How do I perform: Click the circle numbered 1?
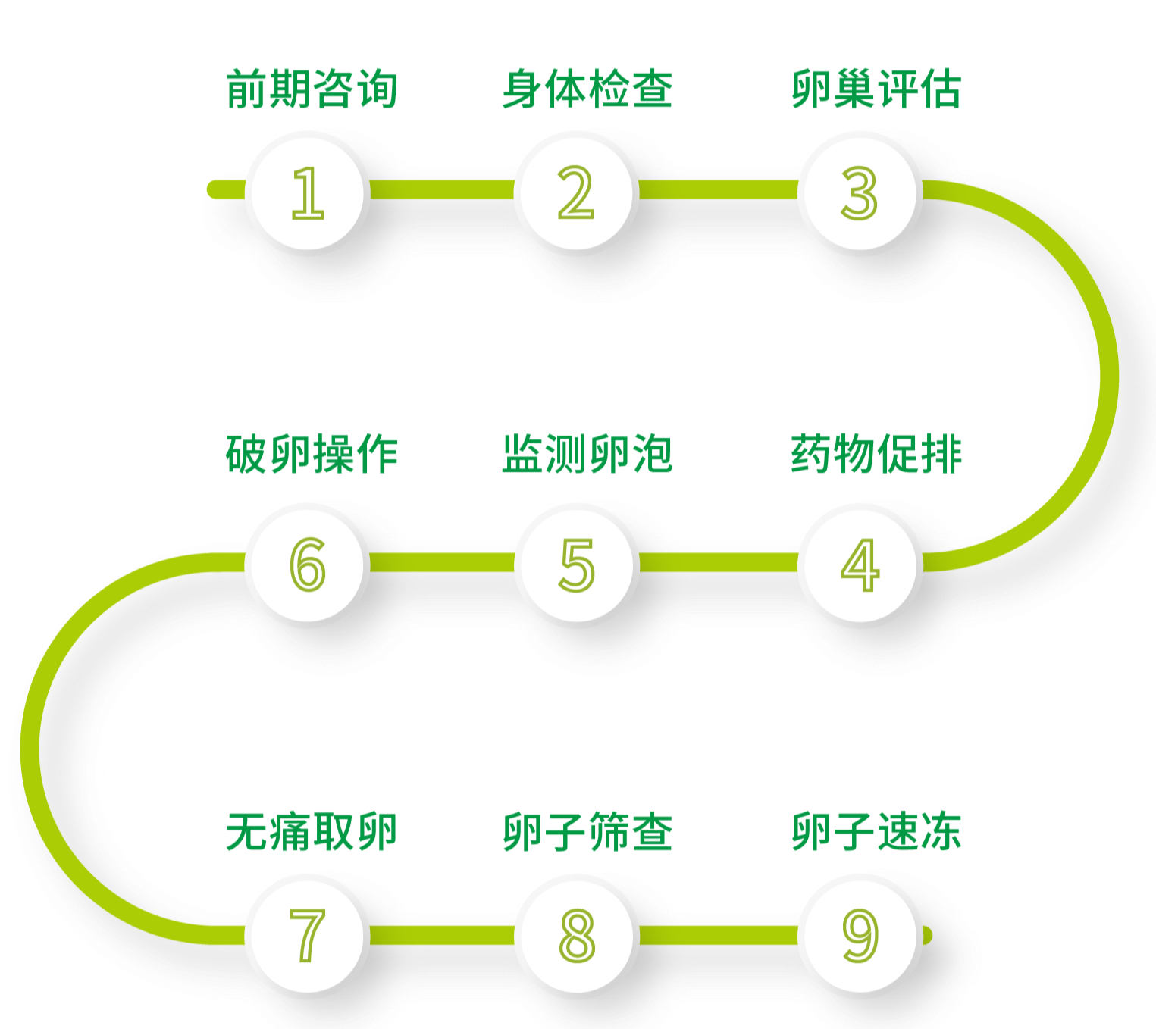point(308,192)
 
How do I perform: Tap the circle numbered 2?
point(576,192)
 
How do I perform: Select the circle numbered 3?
point(860,192)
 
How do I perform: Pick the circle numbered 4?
point(860,564)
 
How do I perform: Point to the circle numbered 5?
point(576,564)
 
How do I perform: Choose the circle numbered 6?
point(308,564)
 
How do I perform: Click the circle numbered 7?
point(308,935)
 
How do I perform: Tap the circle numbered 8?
point(576,935)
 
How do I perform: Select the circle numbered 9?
point(860,935)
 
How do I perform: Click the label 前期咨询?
point(312,89)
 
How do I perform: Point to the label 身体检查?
point(587,89)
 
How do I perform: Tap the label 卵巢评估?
point(876,89)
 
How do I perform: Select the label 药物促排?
point(876,454)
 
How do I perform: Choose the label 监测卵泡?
point(587,454)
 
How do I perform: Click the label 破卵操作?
point(312,454)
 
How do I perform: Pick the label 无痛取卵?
point(312,831)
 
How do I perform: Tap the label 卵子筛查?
point(587,831)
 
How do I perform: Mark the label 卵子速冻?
point(876,831)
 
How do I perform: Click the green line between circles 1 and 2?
point(442,189)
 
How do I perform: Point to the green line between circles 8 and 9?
point(718,935)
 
